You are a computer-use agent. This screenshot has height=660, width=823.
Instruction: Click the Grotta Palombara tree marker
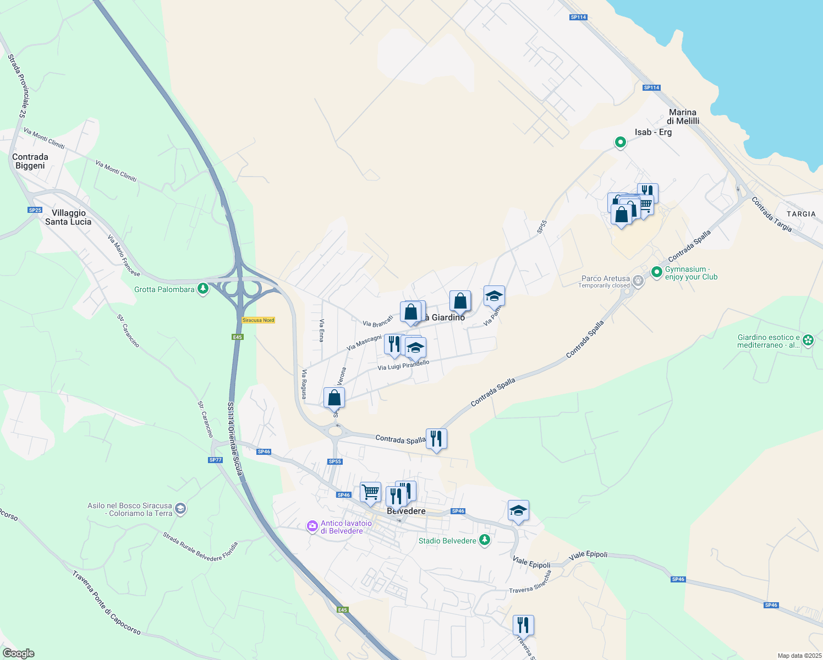pos(203,289)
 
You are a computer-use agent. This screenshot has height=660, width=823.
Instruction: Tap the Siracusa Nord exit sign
pos(258,320)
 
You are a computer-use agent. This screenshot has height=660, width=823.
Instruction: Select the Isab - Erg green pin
pos(620,142)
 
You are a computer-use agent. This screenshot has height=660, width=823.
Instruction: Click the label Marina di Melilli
pos(683,117)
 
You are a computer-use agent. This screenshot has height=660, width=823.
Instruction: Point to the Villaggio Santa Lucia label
pos(68,217)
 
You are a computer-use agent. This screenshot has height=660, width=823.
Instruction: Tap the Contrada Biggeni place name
pos(30,161)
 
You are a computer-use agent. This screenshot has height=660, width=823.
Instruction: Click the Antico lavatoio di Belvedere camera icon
pos(312,526)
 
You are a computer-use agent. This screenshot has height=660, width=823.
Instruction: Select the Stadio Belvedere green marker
pos(485,540)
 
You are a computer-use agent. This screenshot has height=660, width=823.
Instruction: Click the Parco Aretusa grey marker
pos(638,281)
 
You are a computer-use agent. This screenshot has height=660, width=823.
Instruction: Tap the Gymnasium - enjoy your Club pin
pos(656,272)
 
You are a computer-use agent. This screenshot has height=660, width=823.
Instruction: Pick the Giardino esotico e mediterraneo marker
pos(808,340)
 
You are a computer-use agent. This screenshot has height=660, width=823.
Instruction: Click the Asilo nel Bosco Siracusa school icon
pos(180,509)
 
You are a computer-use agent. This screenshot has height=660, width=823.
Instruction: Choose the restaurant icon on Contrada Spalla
pos(436,439)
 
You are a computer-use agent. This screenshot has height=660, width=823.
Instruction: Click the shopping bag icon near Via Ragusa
pos(334,397)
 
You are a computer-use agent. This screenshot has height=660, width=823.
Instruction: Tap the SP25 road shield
pos(35,210)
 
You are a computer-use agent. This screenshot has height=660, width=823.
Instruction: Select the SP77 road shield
pos(216,460)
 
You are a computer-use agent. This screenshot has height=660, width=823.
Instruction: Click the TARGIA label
pos(801,214)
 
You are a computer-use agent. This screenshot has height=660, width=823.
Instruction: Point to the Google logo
pos(18,653)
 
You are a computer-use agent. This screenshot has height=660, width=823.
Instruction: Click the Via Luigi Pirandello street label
pos(403,365)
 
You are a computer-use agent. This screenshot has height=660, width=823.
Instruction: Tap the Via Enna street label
pos(322,331)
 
